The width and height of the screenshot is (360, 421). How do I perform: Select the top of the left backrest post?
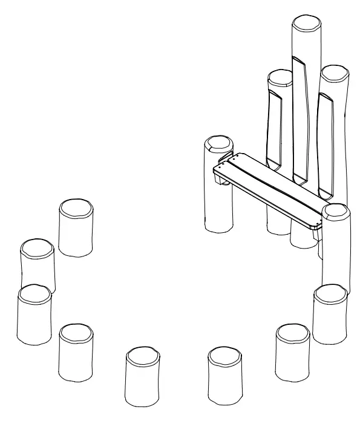tap(280, 77)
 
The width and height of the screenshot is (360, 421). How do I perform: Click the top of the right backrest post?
tap(333, 73)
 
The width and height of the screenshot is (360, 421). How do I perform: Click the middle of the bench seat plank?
tap(269, 189)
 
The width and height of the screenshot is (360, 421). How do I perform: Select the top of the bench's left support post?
tap(218, 145)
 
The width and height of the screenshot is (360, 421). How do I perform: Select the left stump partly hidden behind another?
tap(38, 249)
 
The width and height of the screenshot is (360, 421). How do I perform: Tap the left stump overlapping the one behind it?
tap(34, 296)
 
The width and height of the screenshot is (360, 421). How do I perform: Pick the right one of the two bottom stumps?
tap(224, 357)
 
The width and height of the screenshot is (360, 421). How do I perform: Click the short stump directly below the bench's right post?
tap(330, 296)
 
